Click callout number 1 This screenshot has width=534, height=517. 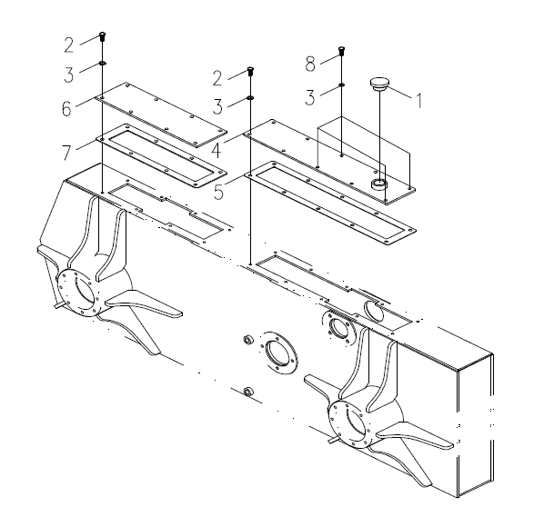(419, 101)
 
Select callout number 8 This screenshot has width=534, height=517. (310, 64)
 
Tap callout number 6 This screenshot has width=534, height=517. (66, 108)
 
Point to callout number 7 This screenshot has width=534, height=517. (66, 153)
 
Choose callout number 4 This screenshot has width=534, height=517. (217, 150)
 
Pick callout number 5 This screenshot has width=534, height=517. (218, 192)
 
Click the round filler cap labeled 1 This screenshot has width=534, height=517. (379, 84)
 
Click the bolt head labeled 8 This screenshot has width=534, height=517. (341, 50)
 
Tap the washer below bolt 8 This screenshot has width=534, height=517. (341, 85)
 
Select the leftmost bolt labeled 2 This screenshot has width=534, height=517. (102, 36)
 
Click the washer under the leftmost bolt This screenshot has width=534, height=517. (102, 64)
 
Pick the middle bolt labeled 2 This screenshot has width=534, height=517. (250, 71)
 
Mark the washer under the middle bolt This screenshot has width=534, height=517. (250, 98)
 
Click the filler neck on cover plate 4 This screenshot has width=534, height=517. (379, 184)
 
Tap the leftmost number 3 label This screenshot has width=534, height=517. (69, 75)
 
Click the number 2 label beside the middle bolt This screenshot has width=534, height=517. (217, 78)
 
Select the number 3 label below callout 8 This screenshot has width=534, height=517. (310, 97)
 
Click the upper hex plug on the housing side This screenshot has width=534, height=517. (247, 339)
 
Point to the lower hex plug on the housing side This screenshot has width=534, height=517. (248, 391)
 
